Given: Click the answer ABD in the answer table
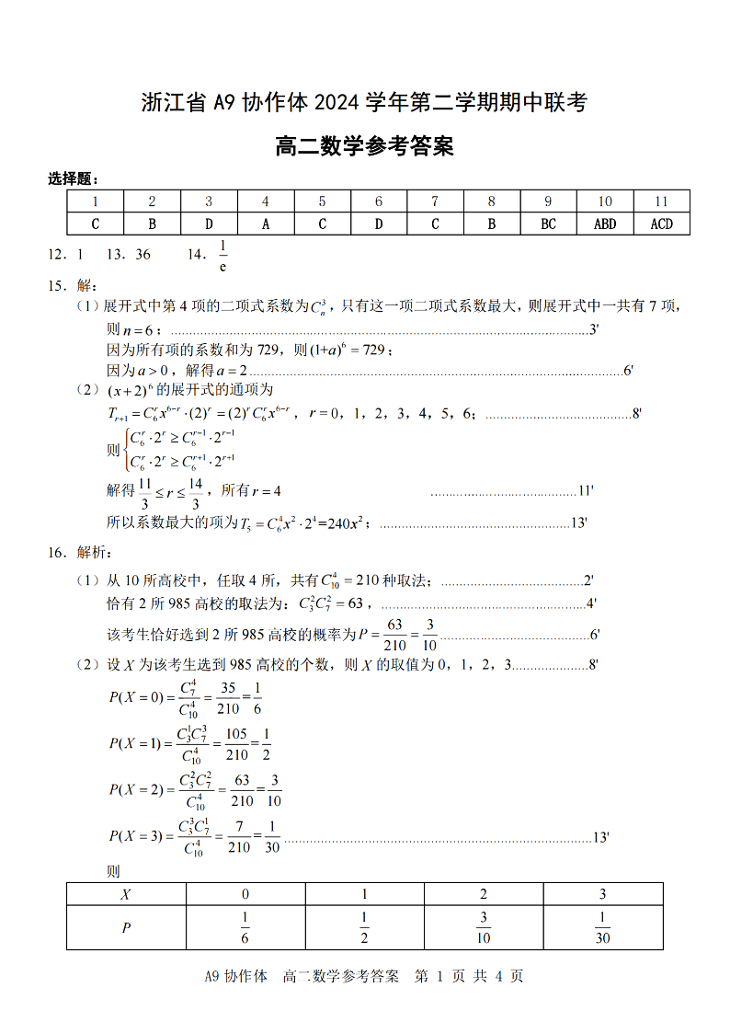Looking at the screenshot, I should [605, 224].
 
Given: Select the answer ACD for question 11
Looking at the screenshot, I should [661, 224].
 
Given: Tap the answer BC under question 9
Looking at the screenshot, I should [548, 224].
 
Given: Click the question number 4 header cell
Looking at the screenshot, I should [266, 201].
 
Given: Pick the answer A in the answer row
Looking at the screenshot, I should [266, 224].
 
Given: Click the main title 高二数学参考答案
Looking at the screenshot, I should [364, 146].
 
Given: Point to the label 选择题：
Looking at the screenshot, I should [74, 179].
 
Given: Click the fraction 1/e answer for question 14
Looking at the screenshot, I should [222, 256].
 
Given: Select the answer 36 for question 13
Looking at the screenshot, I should [143, 255].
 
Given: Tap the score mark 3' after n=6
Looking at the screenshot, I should [594, 330].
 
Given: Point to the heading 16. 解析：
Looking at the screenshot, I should [80, 553].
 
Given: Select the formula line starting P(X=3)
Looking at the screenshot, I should [194, 836].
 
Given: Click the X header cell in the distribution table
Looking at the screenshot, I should [126, 894].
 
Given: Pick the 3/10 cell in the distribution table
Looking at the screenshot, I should [484, 928].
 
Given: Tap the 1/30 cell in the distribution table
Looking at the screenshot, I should [603, 928].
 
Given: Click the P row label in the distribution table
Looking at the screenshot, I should [126, 928].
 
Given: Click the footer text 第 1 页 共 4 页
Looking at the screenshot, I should [469, 977].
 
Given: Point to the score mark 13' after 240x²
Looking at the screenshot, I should [579, 522].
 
